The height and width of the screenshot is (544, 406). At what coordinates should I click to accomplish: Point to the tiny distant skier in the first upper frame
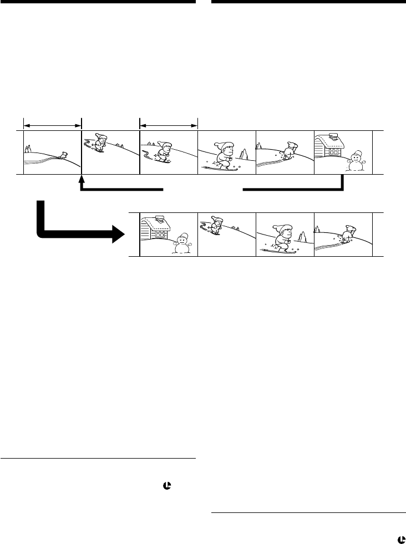pos(64,155)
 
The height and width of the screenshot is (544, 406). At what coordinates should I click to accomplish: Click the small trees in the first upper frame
pos(28,149)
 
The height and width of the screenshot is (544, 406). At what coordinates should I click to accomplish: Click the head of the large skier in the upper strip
pos(226,149)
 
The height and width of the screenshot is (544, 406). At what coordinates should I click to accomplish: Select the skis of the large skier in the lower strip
pos(277,251)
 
